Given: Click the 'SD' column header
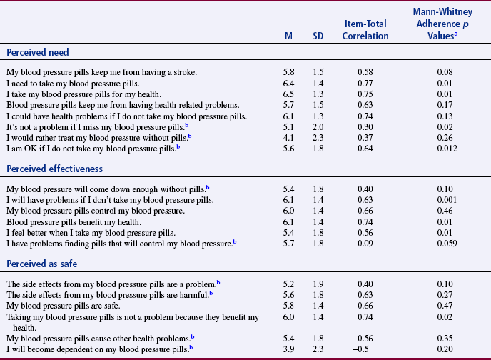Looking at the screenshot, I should (x=319, y=36).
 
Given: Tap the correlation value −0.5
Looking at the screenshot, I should (x=369, y=349).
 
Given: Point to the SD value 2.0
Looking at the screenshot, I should (x=319, y=126).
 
